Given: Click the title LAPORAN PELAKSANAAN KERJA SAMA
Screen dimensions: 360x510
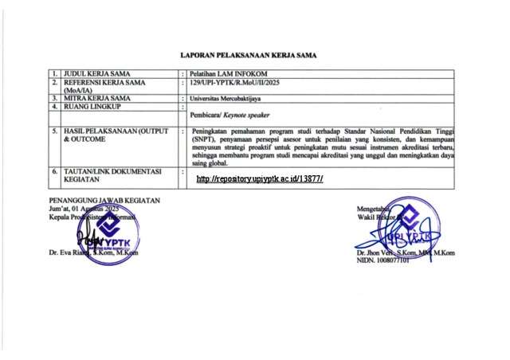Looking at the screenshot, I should [x=248, y=56].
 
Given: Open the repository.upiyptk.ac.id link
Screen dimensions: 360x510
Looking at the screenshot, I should [x=259, y=179].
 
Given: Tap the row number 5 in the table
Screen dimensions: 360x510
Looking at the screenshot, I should [x=54, y=129].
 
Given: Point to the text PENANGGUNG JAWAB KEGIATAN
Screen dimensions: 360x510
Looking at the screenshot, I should [x=104, y=200].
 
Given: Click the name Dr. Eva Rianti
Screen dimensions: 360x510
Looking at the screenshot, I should [x=65, y=253].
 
